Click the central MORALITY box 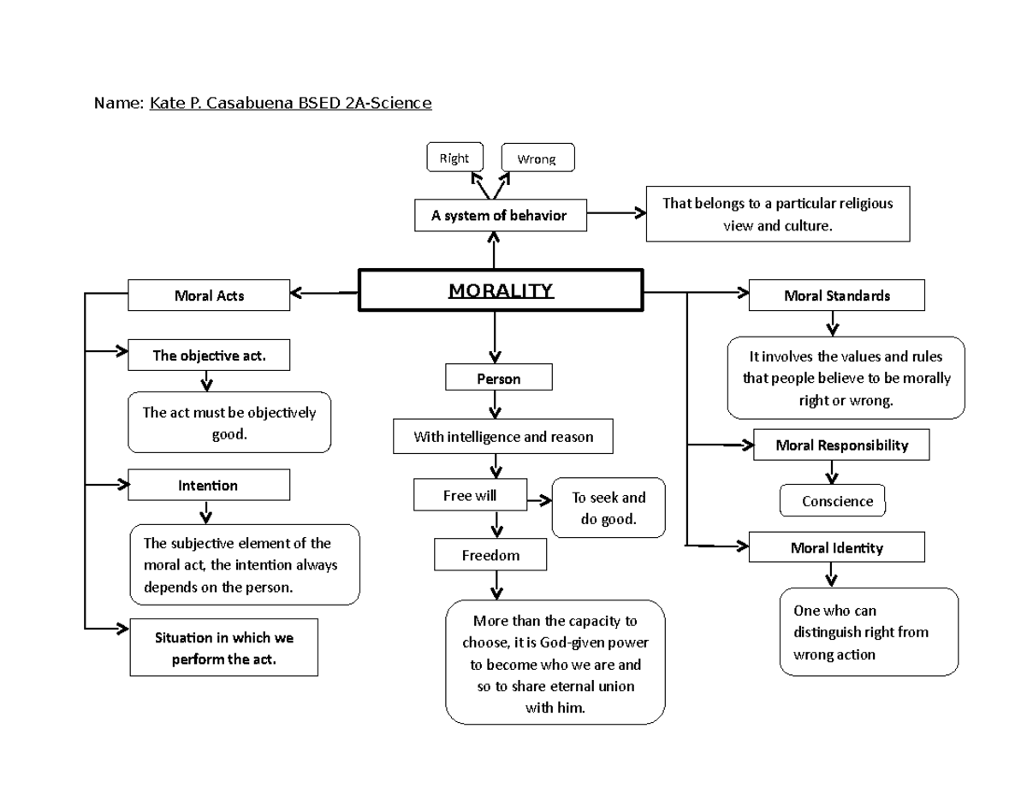(x=501, y=291)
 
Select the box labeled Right (x=454, y=158)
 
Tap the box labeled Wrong (x=537, y=158)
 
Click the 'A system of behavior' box (x=501, y=216)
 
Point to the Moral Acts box (x=209, y=296)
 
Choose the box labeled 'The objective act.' (x=209, y=355)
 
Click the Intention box (x=209, y=485)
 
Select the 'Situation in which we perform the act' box (x=223, y=648)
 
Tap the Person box (x=499, y=378)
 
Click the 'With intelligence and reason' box (x=503, y=436)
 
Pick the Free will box (x=470, y=495)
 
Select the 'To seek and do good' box (x=608, y=508)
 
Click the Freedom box (x=490, y=554)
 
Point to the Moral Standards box (x=836, y=296)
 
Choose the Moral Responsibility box (x=840, y=445)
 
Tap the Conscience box (x=833, y=501)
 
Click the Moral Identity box (x=836, y=547)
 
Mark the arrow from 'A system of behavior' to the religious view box (x=617, y=214)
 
